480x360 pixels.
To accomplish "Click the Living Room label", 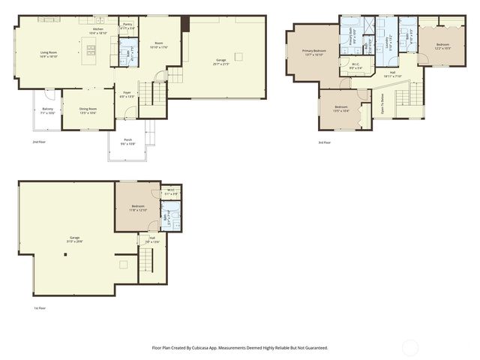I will click(x=49, y=54).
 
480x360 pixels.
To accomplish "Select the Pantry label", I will click(x=127, y=25).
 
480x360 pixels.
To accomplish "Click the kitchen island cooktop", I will click(x=91, y=51).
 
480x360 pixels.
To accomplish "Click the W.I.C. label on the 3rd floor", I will click(x=355, y=66).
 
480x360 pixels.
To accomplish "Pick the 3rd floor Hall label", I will click(x=393, y=73).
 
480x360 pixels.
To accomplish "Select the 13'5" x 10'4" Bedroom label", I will click(x=341, y=109).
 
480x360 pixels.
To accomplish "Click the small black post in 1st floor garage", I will click(x=65, y=255).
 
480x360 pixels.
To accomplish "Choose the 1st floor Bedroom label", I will click(x=138, y=207).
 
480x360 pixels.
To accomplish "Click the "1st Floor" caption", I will click(x=40, y=307).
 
